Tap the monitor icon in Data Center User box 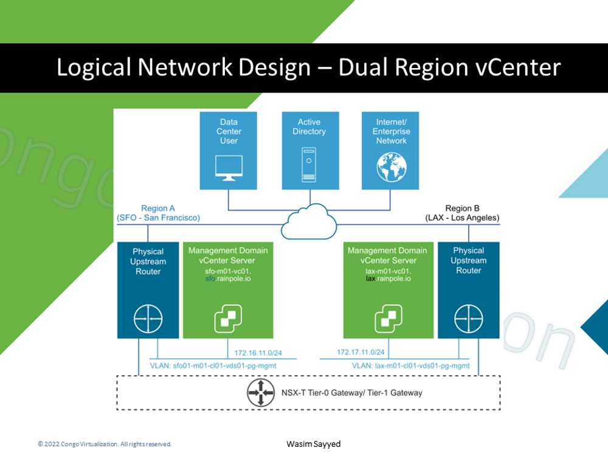(229, 168)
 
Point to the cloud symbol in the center (309, 222)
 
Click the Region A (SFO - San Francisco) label (158, 213)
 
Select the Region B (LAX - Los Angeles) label (463, 213)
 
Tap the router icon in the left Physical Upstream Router (148, 317)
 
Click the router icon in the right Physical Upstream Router (468, 317)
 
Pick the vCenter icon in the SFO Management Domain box (227, 317)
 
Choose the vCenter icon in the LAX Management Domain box (387, 317)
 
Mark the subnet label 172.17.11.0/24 (361, 353)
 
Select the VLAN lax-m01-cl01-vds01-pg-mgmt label (410, 366)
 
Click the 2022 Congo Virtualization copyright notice (105, 444)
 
